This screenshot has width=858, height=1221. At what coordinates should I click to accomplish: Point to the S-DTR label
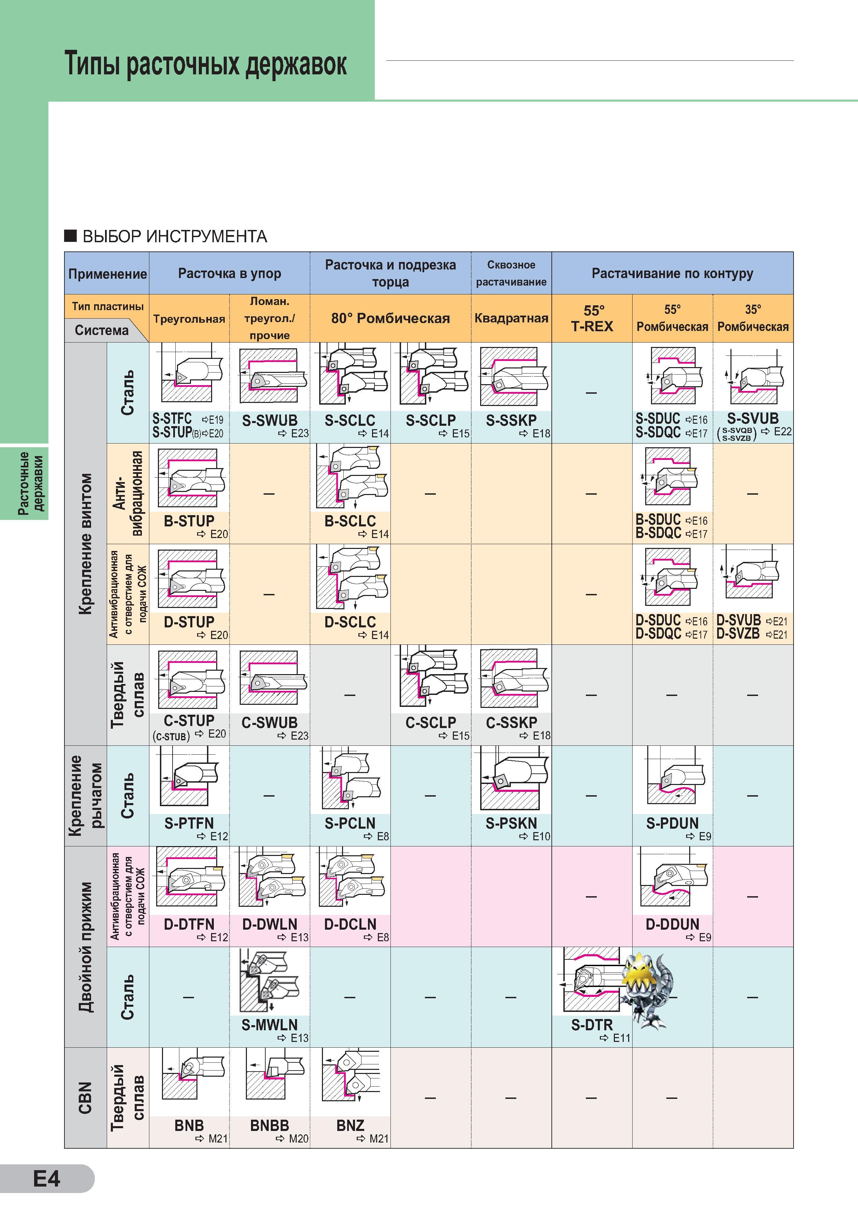click(592, 1025)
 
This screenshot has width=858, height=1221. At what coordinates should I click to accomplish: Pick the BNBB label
click(269, 1126)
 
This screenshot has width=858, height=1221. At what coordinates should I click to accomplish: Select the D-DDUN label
click(672, 924)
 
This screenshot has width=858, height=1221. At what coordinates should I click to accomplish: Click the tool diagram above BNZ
click(350, 1079)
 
